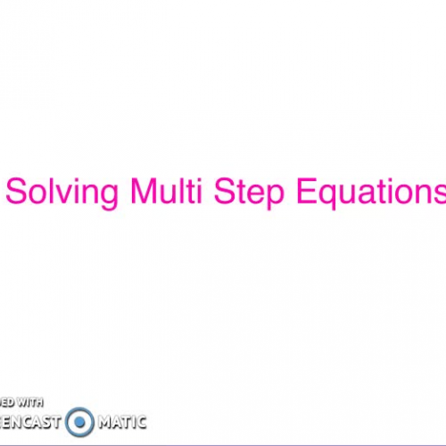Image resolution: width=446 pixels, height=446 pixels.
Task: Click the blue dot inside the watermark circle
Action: [x=79, y=421]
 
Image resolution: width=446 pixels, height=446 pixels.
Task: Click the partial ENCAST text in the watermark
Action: [x=30, y=421]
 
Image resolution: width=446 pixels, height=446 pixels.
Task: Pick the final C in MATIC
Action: [x=140, y=421]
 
